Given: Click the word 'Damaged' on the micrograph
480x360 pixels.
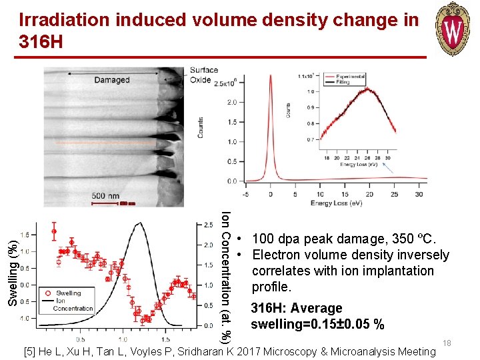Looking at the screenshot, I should click(x=111, y=80).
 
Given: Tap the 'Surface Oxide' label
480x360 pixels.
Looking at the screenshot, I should click(x=203, y=75).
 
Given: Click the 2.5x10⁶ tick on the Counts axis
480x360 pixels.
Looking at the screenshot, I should click(x=223, y=83).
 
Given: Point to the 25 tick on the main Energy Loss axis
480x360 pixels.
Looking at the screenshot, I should click(x=393, y=195).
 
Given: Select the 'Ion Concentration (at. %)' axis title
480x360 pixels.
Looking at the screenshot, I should click(x=226, y=277).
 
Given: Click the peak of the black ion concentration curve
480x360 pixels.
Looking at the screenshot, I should click(x=137, y=225).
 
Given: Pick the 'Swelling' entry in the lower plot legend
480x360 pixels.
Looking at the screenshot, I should click(x=68, y=293).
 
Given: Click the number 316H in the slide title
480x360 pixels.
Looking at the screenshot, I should click(x=41, y=43).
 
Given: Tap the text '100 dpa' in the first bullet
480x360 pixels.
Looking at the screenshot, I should click(x=275, y=239).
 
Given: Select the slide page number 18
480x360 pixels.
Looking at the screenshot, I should click(x=447, y=343).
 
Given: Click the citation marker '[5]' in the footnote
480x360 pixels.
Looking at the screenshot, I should click(x=29, y=351).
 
